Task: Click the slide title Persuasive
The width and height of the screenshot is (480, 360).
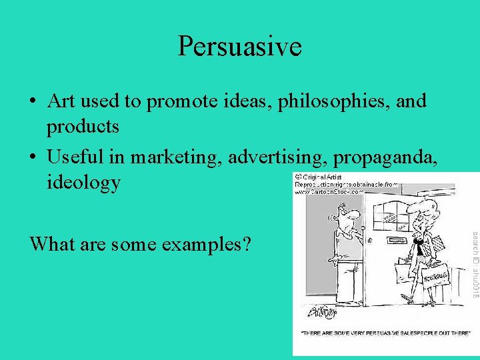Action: coord(239,47)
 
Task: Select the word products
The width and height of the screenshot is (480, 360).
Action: coord(83,125)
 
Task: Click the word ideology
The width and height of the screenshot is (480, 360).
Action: coord(83,181)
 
